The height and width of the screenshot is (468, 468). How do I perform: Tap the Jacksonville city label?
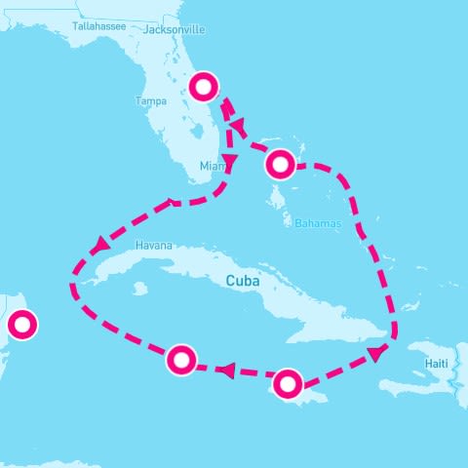174,29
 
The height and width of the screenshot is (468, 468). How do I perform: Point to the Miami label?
212,167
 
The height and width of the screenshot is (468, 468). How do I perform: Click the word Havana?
153,246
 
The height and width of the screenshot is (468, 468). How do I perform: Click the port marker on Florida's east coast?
204,87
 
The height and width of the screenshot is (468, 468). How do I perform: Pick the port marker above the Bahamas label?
280,164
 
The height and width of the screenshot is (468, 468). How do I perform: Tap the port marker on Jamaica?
287,383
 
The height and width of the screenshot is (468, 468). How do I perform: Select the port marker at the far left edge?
20,324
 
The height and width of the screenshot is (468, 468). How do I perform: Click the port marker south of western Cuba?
181,359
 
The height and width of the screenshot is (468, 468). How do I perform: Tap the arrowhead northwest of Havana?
100,246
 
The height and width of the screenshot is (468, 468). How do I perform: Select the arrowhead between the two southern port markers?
225,370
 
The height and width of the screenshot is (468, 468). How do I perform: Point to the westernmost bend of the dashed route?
73,286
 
